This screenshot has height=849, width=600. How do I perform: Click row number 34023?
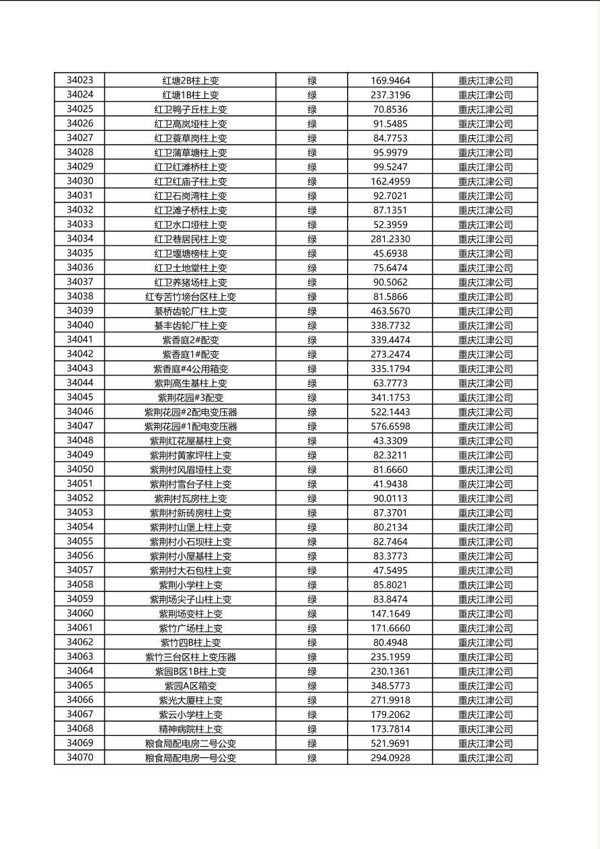click(x=80, y=81)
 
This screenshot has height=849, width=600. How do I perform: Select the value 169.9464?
click(x=390, y=81)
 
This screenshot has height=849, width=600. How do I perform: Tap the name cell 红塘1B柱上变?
click(x=190, y=96)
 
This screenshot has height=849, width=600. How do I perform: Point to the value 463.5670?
click(x=390, y=311)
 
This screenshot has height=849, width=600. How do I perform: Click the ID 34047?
click(x=80, y=427)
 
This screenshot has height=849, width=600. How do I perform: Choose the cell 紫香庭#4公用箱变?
click(x=190, y=369)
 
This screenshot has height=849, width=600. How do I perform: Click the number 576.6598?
click(x=390, y=427)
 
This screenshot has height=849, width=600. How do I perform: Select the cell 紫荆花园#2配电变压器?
click(x=190, y=412)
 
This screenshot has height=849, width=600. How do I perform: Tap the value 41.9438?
click(x=390, y=484)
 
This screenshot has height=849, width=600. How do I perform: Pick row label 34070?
click(x=80, y=758)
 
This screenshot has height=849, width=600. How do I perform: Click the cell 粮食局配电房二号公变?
click(x=190, y=744)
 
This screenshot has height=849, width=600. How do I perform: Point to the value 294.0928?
click(x=390, y=758)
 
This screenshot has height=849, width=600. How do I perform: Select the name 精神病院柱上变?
click(x=190, y=729)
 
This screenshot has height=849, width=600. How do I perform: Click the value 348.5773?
click(x=390, y=686)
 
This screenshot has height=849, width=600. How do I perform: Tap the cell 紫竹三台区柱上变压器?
click(x=190, y=657)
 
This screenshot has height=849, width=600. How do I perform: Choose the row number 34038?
click(x=80, y=297)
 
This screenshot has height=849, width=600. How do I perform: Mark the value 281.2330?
click(x=390, y=239)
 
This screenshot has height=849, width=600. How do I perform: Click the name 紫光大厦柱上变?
click(x=190, y=700)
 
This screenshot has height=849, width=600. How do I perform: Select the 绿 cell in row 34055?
click(x=312, y=542)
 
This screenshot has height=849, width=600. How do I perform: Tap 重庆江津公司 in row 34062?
click(x=485, y=643)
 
